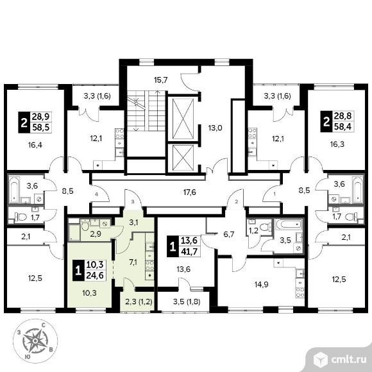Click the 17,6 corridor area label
190,192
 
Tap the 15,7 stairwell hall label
161,80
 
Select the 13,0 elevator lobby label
215,128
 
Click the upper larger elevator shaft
183,119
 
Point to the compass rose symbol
35,341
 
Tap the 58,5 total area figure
41,128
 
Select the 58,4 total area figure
343,126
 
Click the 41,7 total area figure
189,251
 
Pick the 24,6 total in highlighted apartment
95,276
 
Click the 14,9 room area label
262,285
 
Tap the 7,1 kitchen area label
133,262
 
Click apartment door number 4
96,194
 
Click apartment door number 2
236,202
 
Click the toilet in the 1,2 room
266,227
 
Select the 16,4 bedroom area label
35,145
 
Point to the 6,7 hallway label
229,235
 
